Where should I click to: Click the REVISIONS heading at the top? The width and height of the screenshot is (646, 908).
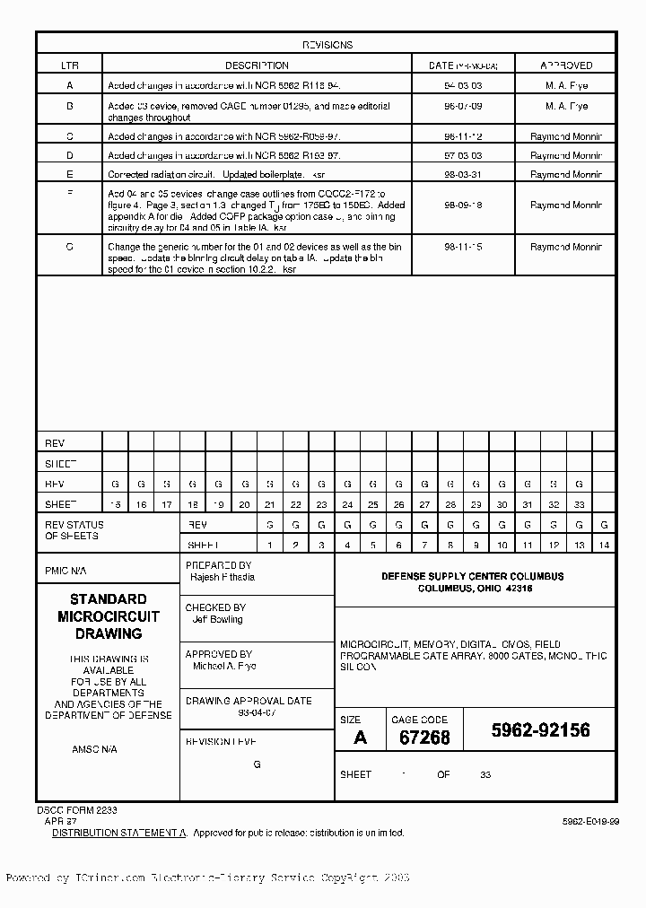click(327, 45)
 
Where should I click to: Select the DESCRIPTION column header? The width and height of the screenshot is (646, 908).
click(257, 65)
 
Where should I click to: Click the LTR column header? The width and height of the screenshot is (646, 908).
click(69, 65)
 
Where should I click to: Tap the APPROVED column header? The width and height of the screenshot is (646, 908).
click(566, 65)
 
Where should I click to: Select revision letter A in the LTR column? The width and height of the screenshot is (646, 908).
click(69, 85)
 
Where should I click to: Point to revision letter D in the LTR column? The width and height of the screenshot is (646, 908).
click(69, 155)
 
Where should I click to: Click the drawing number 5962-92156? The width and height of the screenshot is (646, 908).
click(540, 730)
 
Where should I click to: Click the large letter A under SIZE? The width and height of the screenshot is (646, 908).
click(360, 738)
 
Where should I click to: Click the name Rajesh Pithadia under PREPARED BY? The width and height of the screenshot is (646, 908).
click(223, 577)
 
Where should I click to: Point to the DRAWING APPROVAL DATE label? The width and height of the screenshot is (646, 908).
click(249, 701)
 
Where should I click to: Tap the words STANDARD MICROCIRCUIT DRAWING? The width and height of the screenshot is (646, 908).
click(108, 616)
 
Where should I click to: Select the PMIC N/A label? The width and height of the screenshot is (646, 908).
click(66, 571)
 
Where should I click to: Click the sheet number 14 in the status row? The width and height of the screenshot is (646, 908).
click(604, 545)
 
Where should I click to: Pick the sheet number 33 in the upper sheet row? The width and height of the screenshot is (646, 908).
click(579, 504)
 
